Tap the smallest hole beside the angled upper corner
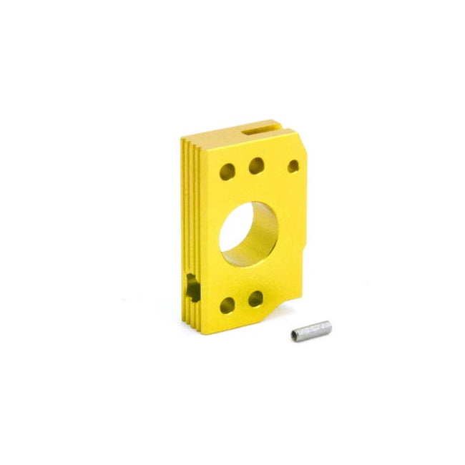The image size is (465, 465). [x=293, y=165]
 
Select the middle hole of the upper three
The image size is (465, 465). [x=255, y=167]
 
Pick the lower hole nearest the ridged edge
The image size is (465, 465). [x=227, y=305]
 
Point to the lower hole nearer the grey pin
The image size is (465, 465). [x=255, y=298]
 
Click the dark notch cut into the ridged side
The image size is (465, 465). [x=192, y=286]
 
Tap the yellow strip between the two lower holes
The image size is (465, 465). [x=241, y=303]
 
